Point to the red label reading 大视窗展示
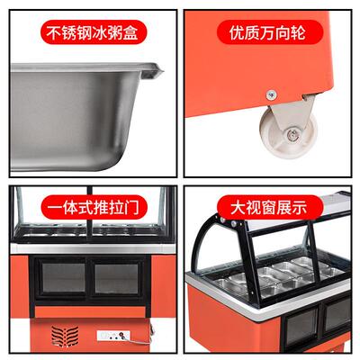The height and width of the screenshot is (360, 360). pos(268,206)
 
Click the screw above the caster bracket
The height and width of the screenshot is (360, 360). pos(270,92)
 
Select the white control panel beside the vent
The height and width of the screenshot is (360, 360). pos(115,337)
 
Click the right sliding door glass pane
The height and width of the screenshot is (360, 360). pos(118,277)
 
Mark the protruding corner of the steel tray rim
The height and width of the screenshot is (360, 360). pos(161,67)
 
